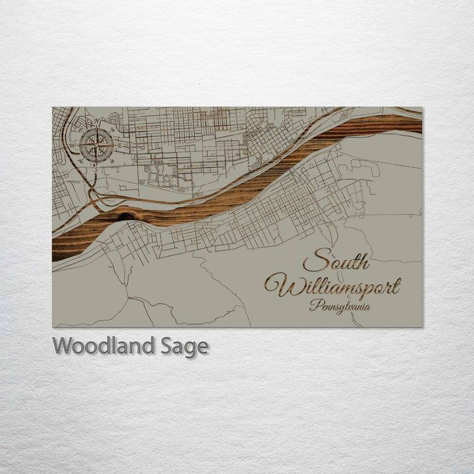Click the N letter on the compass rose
[x=96, y=122]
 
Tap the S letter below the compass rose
[x=96, y=169]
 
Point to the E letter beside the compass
[x=119, y=146]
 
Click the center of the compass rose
[x=96, y=145]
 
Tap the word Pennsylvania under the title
[x=340, y=306]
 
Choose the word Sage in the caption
[x=184, y=346]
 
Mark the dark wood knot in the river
[x=123, y=215]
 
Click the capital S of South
[x=315, y=261]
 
